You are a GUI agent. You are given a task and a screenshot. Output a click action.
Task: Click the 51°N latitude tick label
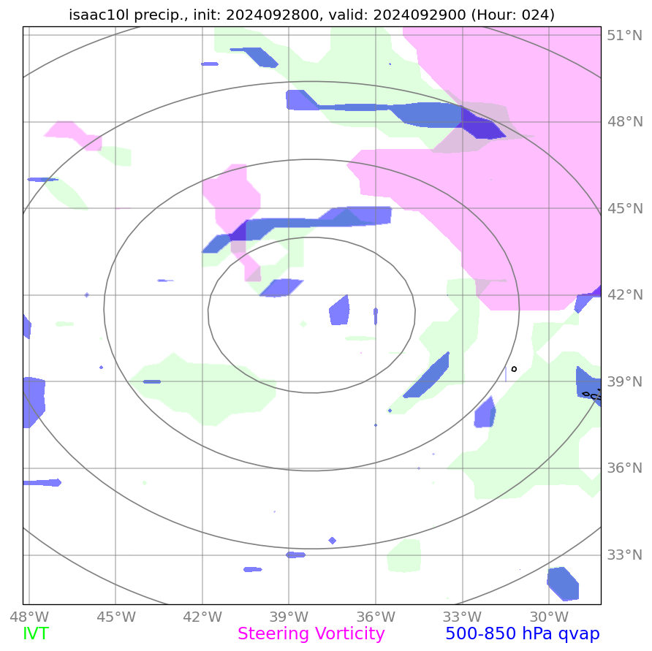[x=625, y=35]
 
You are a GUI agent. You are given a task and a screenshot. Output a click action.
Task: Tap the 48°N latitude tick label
[x=625, y=122]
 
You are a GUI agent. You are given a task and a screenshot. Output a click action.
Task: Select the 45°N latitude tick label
[x=625, y=209]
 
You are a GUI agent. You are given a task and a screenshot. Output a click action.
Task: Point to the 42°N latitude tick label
[x=625, y=295]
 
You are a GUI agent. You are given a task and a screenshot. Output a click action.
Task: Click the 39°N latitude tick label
[x=625, y=382]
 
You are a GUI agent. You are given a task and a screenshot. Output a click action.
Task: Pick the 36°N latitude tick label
[x=625, y=468]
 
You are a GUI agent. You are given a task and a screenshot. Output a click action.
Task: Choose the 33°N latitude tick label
[x=625, y=555]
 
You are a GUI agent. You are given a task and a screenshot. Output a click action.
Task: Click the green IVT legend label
[x=36, y=634]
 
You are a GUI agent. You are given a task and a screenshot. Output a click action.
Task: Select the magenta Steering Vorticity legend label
[x=311, y=634]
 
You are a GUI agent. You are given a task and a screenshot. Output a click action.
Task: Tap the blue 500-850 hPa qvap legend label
[x=522, y=634]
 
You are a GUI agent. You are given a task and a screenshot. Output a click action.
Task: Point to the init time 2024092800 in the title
[x=281, y=15]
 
